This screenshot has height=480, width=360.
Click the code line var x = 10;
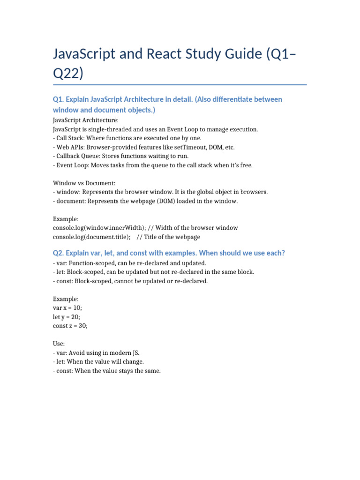click(68, 308)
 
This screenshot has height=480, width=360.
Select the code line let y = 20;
click(67, 317)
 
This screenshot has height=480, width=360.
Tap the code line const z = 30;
click(70, 326)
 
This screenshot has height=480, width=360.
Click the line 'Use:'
click(59, 344)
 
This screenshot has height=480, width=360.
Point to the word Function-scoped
click(89, 263)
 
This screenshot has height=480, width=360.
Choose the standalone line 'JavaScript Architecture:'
click(86, 120)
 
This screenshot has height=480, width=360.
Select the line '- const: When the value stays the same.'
click(107, 371)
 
